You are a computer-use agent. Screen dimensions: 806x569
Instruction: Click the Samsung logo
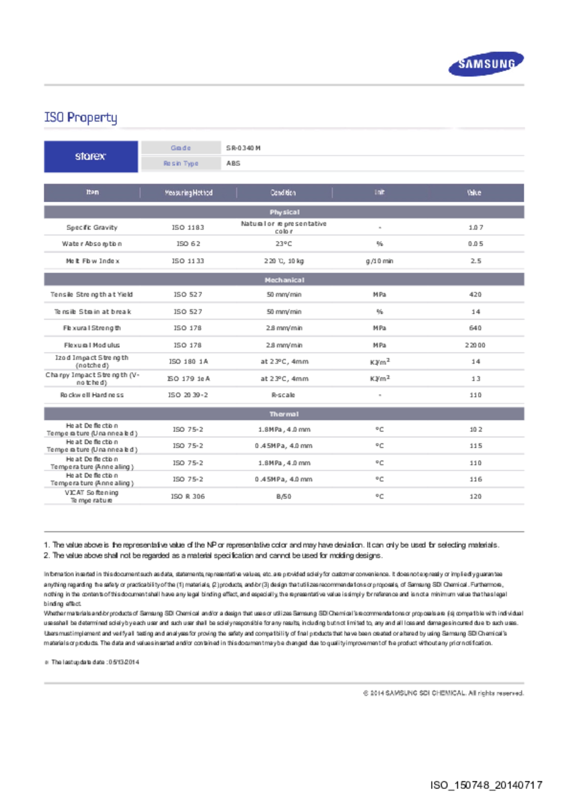486,65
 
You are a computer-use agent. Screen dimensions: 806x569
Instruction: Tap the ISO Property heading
80,117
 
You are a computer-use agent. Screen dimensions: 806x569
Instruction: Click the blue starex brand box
91,157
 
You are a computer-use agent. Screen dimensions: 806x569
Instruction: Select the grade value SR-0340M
244,148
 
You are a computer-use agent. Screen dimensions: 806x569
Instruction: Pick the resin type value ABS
233,164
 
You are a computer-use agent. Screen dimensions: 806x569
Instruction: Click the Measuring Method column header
188,193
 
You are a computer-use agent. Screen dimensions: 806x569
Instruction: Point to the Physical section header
284,212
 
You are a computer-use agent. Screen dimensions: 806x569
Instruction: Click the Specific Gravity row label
92,228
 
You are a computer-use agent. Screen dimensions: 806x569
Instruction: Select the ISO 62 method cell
188,244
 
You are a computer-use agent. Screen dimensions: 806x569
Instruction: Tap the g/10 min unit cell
379,261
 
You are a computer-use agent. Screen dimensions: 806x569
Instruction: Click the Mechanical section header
284,280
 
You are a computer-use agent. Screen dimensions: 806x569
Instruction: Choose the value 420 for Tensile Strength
475,295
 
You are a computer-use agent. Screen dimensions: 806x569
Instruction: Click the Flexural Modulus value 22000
475,345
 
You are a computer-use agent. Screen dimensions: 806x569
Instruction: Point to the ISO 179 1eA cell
188,379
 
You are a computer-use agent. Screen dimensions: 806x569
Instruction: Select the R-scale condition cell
283,395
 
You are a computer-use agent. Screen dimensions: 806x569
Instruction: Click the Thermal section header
284,414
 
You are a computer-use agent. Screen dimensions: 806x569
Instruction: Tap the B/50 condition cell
283,497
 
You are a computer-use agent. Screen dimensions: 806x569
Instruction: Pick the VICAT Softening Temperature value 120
475,497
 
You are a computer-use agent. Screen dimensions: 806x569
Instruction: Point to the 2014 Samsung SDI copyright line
443,693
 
